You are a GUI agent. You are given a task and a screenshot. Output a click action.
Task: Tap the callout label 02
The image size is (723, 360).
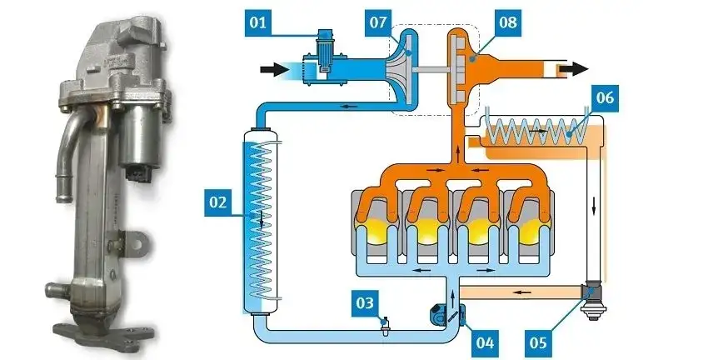(x=218, y=202)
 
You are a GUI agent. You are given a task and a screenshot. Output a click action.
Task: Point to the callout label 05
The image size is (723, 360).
(x=541, y=340)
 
